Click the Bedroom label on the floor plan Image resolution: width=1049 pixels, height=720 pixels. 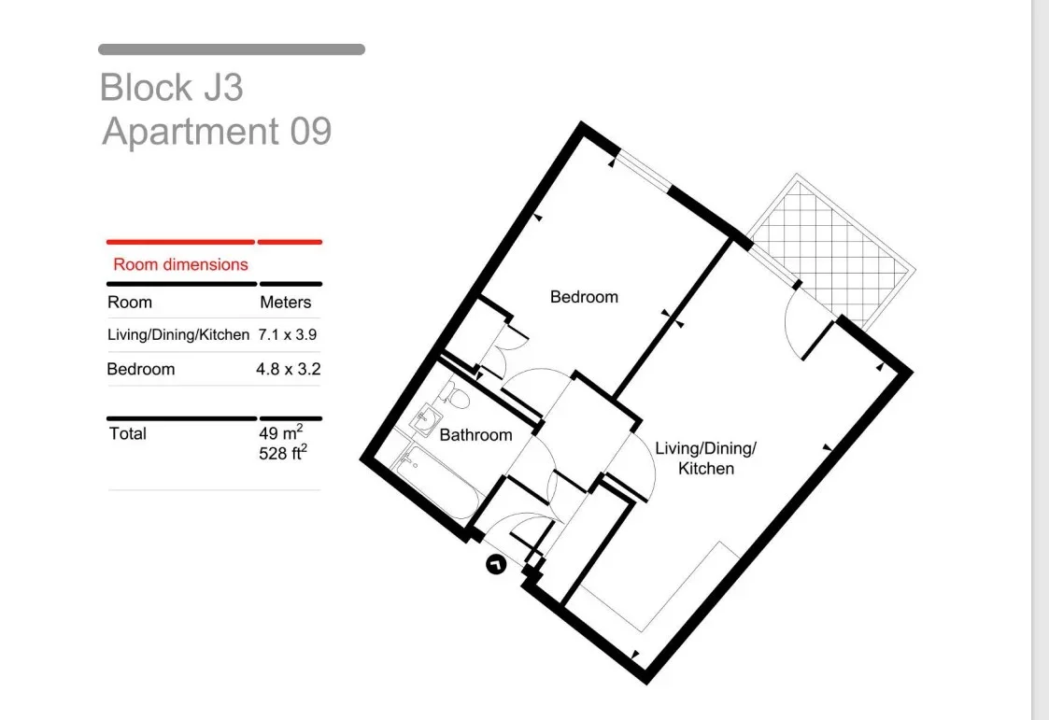[x=584, y=297]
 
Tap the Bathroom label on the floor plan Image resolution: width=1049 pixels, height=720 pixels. [x=475, y=435]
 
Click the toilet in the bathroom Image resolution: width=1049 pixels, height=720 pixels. [x=455, y=396]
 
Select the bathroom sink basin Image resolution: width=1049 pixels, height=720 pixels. [x=425, y=419]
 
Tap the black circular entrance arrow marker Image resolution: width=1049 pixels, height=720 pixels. [x=496, y=565]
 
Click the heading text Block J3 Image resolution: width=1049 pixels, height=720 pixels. [x=171, y=88]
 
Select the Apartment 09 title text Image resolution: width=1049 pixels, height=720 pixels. [x=217, y=131]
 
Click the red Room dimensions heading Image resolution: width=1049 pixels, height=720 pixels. [x=180, y=264]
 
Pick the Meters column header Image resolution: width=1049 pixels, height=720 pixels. [x=286, y=303]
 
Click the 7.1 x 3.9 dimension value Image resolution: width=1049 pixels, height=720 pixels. [x=288, y=334]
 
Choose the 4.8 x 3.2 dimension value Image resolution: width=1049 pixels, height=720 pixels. [x=289, y=369]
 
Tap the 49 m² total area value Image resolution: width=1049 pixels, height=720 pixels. [x=281, y=432]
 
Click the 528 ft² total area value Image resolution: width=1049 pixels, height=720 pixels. [x=283, y=453]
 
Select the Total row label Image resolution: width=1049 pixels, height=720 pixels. [x=128, y=434]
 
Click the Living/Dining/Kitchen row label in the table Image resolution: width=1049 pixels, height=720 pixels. [x=178, y=334]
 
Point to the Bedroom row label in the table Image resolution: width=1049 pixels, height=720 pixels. [x=140, y=369]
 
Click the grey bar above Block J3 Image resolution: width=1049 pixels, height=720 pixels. [x=232, y=49]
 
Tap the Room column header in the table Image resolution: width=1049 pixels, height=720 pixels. [x=130, y=303]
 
